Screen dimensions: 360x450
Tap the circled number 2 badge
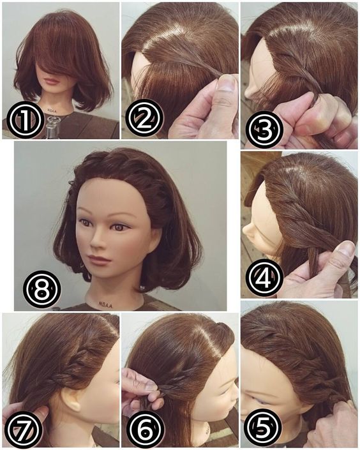(x=145, y=117)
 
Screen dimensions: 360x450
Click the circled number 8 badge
(x=42, y=289)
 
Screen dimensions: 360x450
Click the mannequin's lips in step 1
(x=52, y=82)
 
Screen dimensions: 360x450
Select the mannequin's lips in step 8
(x=98, y=259)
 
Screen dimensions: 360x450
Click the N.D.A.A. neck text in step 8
(x=106, y=304)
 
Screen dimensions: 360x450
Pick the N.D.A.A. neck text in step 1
(x=52, y=110)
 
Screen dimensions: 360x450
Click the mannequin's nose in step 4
(x=248, y=231)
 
